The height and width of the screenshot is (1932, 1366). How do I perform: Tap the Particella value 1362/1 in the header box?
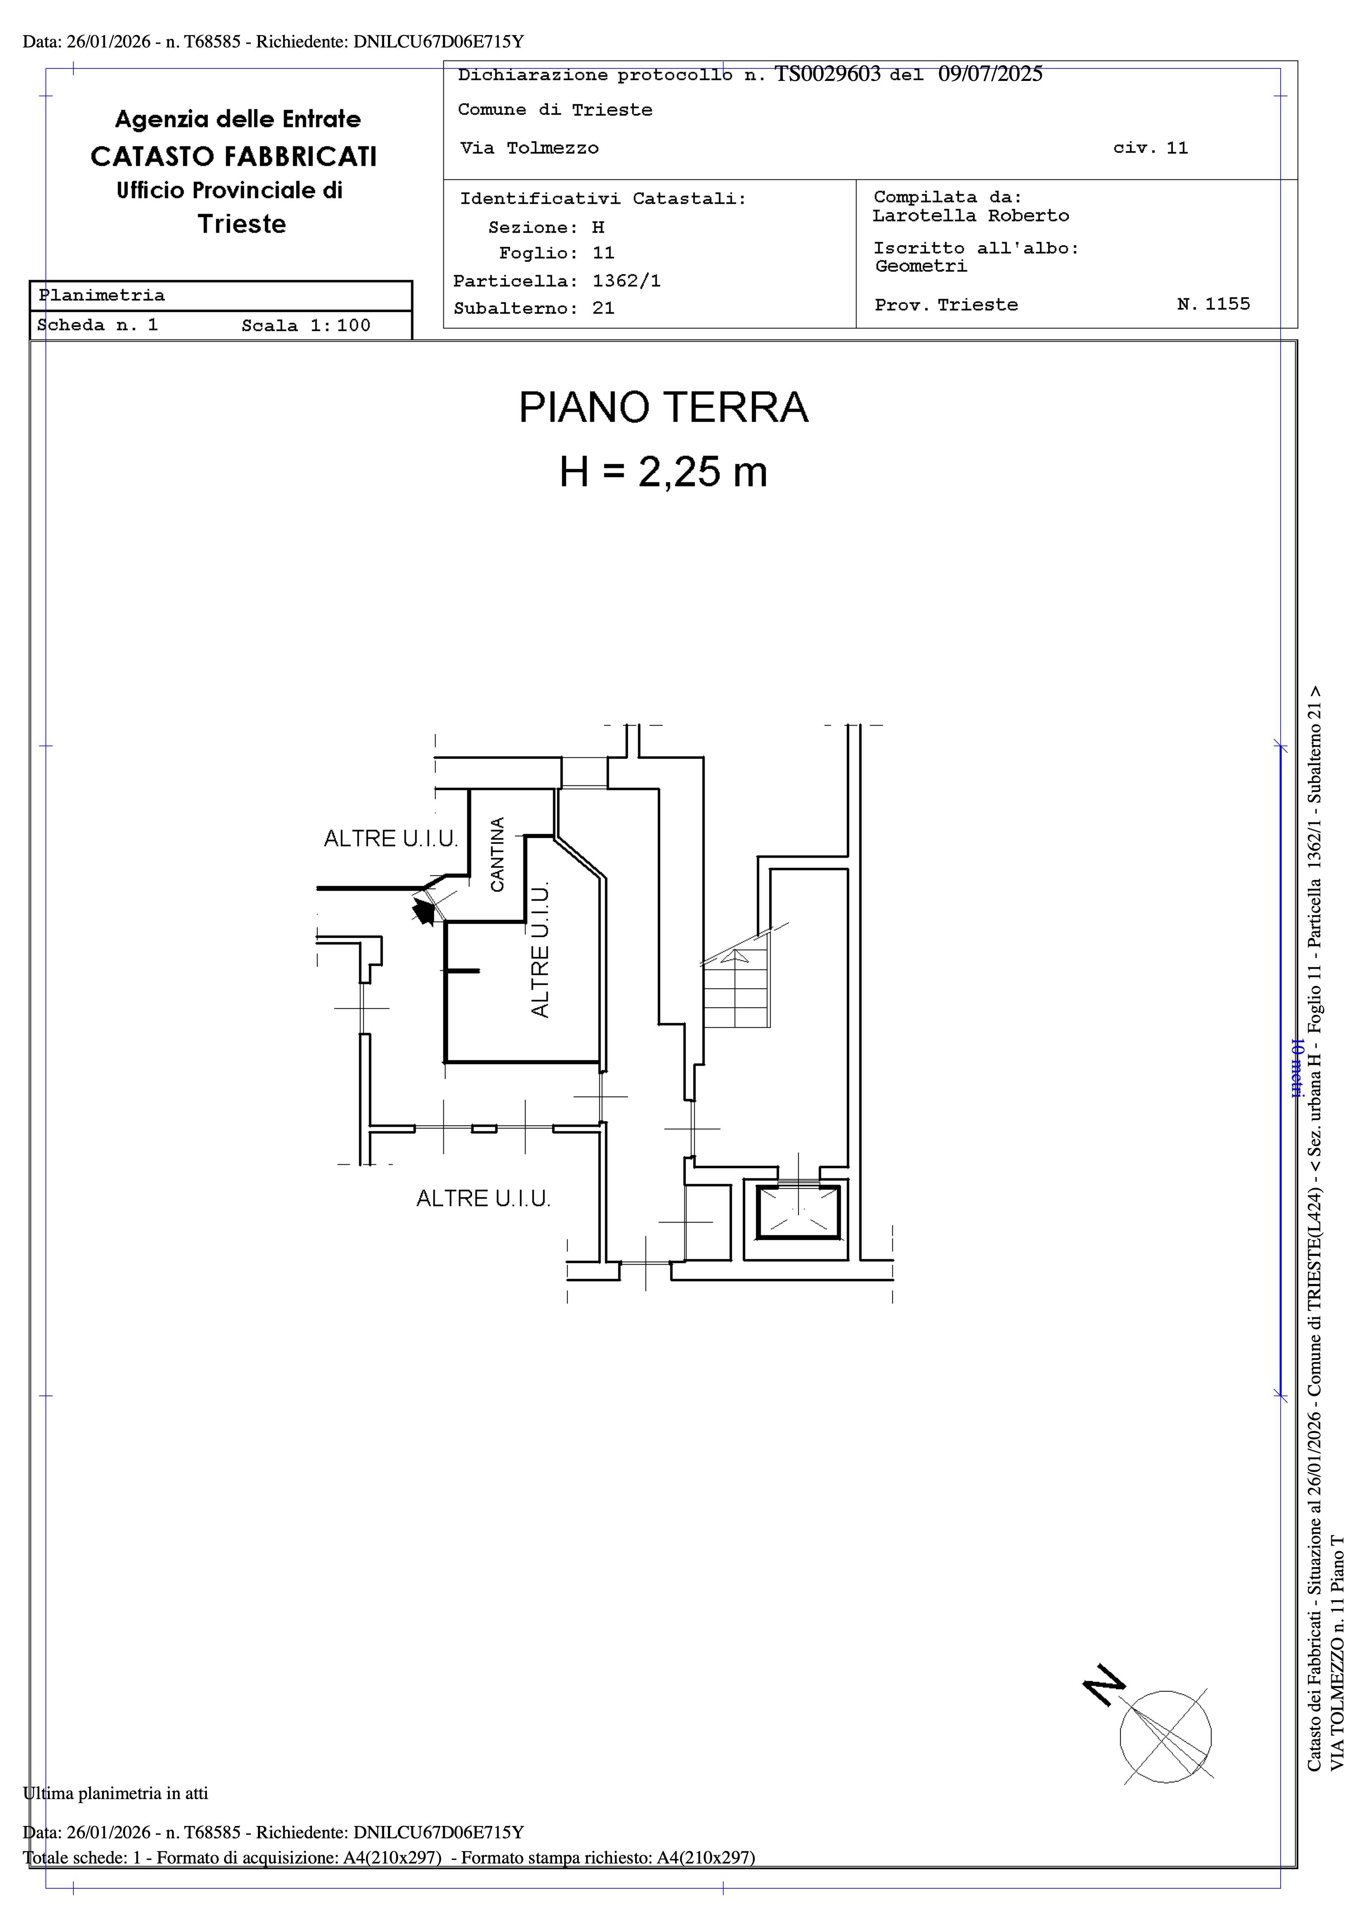coord(626,281)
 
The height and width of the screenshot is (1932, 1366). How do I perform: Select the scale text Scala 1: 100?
coord(306,326)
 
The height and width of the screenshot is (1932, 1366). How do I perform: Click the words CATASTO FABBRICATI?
coord(234,156)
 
